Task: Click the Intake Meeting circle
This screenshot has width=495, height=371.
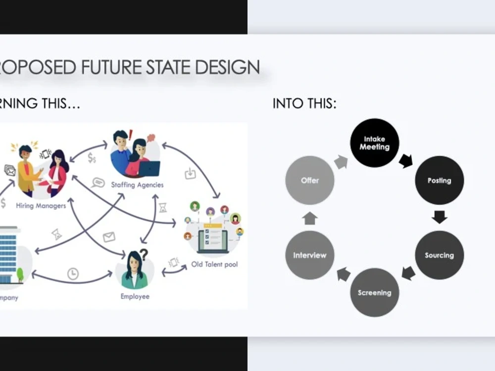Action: coord(374,143)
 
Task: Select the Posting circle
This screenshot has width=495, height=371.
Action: coord(439,181)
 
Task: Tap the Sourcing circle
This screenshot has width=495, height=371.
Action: coord(439,255)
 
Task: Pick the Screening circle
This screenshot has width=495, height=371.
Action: coord(374,292)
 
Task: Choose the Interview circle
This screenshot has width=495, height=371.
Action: coord(310,255)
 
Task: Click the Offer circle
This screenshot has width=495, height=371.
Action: coord(310,181)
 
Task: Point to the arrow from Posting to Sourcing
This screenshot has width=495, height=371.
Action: coord(439,217)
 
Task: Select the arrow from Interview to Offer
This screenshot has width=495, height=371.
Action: coord(310,218)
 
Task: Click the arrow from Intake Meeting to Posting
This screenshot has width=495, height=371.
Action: coord(406,160)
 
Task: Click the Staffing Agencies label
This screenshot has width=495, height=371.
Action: coord(137,185)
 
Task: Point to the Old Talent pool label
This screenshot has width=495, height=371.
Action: coord(214,265)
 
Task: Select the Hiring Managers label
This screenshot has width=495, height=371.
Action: coord(41,206)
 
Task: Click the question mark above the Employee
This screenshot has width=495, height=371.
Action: coord(144,255)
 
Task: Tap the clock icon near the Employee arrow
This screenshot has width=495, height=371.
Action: coord(73,274)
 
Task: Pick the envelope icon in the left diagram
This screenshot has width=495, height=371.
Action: coord(109,237)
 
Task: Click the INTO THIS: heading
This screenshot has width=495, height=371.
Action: coord(304,104)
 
